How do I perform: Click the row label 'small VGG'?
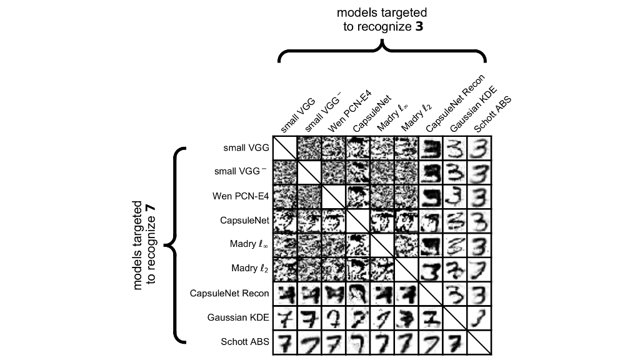(246, 147)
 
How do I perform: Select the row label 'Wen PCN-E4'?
(241, 196)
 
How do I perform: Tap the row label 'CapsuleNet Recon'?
(229, 293)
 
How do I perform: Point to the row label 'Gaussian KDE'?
(238, 317)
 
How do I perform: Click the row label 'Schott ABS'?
(245, 342)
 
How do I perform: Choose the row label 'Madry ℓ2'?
(250, 268)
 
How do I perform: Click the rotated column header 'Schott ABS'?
(492, 115)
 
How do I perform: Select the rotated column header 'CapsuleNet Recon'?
(455, 103)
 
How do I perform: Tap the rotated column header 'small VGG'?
(298, 116)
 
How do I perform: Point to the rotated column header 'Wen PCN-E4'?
(350, 111)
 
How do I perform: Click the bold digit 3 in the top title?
(419, 27)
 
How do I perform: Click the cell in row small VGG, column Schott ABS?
(479, 148)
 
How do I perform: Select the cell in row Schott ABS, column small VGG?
(285, 342)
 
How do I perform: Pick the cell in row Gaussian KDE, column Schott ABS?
(479, 318)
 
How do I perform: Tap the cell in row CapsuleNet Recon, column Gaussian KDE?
(455, 294)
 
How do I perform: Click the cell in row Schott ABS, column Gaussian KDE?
(455, 342)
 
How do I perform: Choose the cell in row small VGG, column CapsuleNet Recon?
(431, 148)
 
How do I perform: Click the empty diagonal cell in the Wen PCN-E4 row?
(334, 197)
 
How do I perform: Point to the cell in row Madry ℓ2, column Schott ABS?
(479, 269)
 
